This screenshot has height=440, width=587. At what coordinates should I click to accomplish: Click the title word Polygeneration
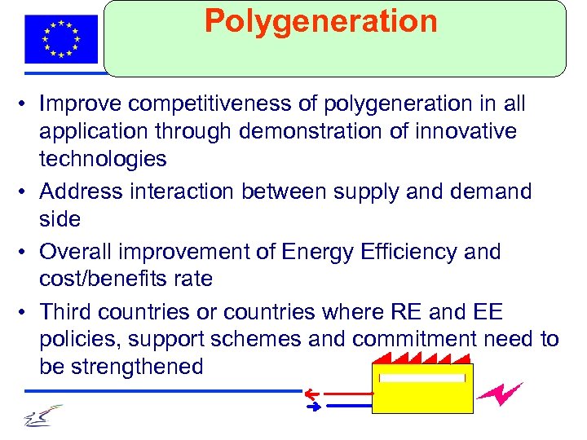pyautogui.click(x=320, y=21)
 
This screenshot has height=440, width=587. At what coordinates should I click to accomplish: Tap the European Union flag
pyautogui.click(x=61, y=38)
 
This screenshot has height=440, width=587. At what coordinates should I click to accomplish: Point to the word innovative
pyautogui.click(x=466, y=131)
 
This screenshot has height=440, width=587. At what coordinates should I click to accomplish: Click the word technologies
pyautogui.click(x=103, y=158)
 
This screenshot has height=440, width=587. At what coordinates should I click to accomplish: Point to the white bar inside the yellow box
pyautogui.click(x=421, y=377)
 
